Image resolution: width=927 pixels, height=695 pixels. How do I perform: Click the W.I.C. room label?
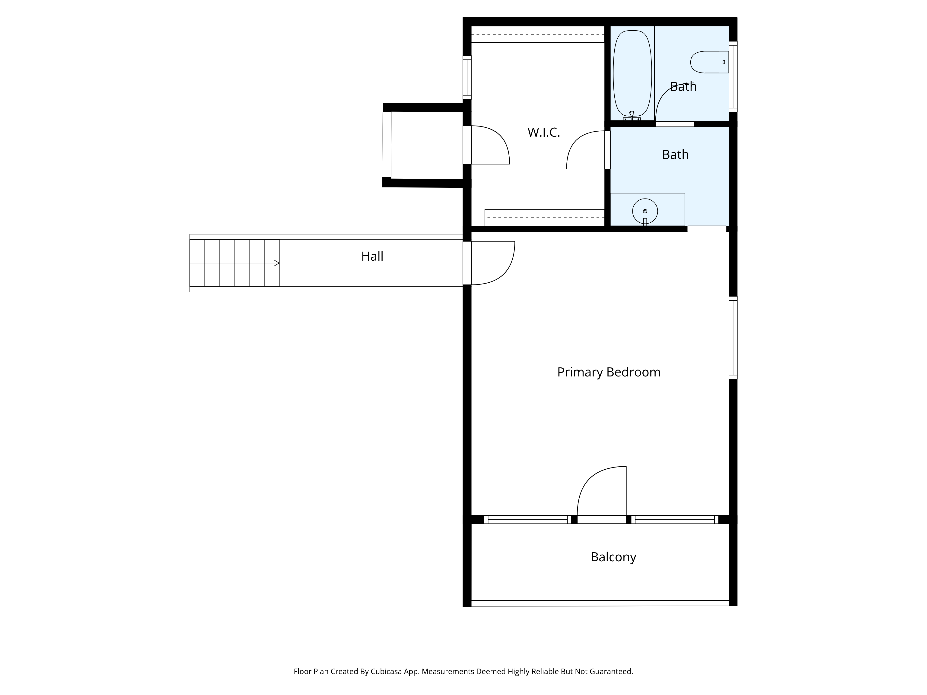(543, 132)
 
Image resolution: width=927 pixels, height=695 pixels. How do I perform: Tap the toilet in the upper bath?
(709, 62)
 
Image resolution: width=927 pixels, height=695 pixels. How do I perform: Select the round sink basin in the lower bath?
(645, 211)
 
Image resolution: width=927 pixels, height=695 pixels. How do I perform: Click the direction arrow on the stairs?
(276, 263)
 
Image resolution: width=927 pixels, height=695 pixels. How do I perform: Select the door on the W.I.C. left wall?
(486, 145)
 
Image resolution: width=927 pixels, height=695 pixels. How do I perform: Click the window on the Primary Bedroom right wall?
(733, 338)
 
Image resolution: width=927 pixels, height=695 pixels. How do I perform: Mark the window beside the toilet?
(733, 77)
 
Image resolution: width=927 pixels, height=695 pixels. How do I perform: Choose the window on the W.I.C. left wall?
(467, 78)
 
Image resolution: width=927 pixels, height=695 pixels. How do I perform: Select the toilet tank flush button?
(724, 62)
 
